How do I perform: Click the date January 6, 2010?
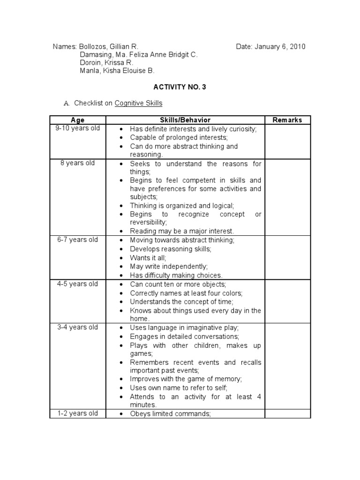[271, 46]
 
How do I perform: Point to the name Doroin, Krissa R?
[106, 63]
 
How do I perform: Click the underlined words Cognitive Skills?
[138, 103]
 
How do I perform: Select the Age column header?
[78, 120]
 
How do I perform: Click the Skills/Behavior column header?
[185, 120]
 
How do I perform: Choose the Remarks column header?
[287, 120]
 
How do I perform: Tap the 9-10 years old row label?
[78, 128]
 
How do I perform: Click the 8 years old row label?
[78, 163]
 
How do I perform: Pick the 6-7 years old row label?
[78, 240]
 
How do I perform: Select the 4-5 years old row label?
[78, 284]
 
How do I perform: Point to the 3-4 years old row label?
[78, 327]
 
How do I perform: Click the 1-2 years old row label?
[78, 413]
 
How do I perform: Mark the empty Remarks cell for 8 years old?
[287, 197]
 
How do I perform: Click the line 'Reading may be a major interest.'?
[182, 231]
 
